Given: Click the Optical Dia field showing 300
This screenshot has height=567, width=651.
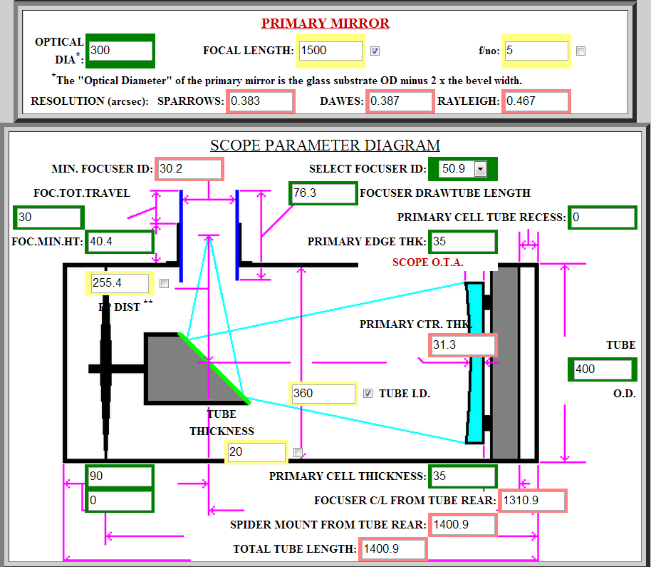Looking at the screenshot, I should (x=120, y=51).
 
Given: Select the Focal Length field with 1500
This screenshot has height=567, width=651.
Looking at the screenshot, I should (x=330, y=51).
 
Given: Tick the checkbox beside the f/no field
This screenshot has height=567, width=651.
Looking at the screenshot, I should (x=581, y=51).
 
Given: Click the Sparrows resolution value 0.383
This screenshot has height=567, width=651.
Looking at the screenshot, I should (x=260, y=101).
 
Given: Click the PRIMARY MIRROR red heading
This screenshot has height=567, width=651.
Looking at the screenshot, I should (x=325, y=23).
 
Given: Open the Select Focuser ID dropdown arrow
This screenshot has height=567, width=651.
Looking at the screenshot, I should (x=480, y=169).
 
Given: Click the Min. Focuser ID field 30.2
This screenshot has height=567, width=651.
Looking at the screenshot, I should (x=189, y=169).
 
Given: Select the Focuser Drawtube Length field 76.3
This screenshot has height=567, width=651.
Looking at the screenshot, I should (x=322, y=193).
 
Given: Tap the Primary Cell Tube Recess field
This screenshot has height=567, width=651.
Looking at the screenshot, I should (x=602, y=218).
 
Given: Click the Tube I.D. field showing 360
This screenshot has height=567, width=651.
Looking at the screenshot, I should (x=323, y=394).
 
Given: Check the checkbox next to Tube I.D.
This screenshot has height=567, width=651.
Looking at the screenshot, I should (x=368, y=394).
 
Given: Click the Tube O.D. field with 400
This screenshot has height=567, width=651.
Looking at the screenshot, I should (x=602, y=369).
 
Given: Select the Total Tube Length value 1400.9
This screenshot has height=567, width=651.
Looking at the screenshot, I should (x=392, y=549).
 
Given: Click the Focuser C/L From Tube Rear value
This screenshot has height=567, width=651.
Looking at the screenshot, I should (x=533, y=501).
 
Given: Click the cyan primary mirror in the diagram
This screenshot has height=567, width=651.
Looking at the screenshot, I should (x=474, y=362).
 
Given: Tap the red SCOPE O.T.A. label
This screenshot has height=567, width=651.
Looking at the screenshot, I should (x=427, y=262).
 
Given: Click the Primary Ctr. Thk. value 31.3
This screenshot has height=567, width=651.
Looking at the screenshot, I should (x=462, y=345).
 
